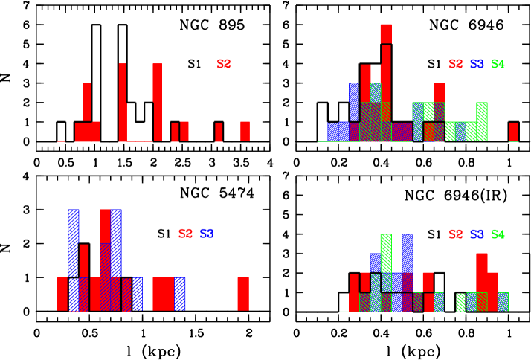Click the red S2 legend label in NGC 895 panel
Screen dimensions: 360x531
[224, 64]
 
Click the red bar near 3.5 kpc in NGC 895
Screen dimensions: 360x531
[245, 131]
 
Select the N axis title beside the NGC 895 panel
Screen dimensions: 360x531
[7, 73]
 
